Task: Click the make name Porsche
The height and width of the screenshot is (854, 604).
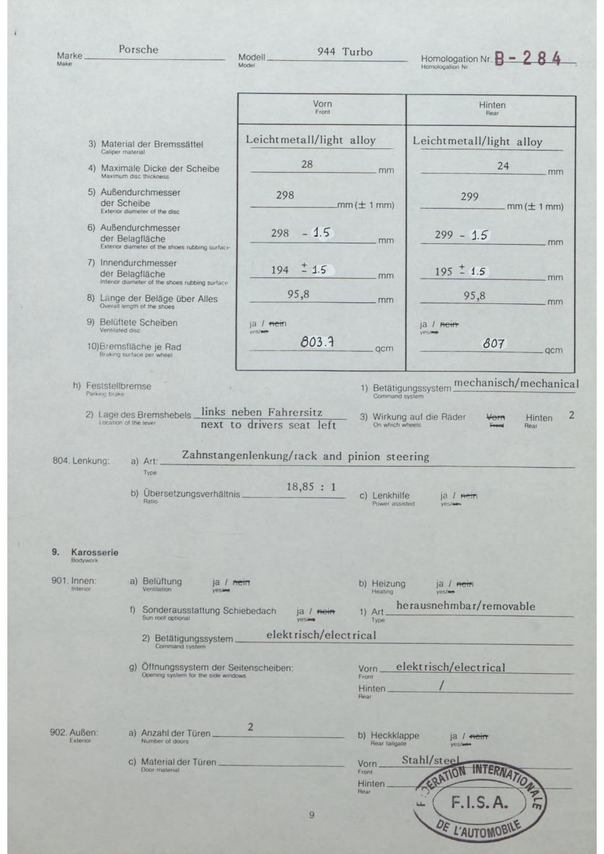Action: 138,50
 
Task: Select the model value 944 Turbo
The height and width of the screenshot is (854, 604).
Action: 345,52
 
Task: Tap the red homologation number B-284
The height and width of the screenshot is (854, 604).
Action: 528,59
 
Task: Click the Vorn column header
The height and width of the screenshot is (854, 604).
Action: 322,104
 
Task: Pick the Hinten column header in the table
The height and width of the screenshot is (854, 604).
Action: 492,105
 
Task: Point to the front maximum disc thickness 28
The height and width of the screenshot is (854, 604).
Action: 307,165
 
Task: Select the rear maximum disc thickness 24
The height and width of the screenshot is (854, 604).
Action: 503,166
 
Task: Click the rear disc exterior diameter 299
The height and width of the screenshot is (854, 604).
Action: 470,197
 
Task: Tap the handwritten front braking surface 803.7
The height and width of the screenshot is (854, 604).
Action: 317,342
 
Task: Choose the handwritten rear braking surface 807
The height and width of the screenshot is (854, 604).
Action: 494,344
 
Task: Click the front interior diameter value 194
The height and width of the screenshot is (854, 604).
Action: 280,270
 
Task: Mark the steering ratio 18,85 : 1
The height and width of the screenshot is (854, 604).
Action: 311,487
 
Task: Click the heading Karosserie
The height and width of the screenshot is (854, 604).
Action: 94,553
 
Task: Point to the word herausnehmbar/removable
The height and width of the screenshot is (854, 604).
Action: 466,606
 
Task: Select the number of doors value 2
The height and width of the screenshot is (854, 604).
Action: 250,727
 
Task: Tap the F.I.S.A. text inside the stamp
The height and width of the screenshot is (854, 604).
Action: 479,802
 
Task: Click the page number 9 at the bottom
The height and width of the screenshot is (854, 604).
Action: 311,815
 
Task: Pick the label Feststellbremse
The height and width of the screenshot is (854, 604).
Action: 119,386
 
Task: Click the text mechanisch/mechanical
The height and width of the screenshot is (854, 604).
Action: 516,384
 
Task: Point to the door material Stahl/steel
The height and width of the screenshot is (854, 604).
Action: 430,760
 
